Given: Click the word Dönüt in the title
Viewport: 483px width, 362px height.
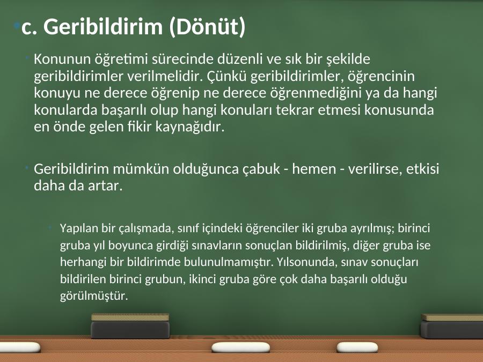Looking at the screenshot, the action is [208, 26].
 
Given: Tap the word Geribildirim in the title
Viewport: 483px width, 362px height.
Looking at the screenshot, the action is [103, 26].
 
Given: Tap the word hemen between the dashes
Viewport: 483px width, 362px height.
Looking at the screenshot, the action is [314, 169].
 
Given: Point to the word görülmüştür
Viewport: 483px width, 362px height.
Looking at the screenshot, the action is [94, 296].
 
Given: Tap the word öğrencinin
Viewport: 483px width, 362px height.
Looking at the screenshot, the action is [382, 76].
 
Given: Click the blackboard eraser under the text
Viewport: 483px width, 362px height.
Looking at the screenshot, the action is [130, 326].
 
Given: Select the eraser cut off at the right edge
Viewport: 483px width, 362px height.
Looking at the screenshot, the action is [452, 326].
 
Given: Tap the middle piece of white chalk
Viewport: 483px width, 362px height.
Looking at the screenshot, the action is [240, 348].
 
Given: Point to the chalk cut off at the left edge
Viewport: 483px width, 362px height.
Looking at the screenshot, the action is [20, 348].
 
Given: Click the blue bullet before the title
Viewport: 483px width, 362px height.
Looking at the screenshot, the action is [18, 26].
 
